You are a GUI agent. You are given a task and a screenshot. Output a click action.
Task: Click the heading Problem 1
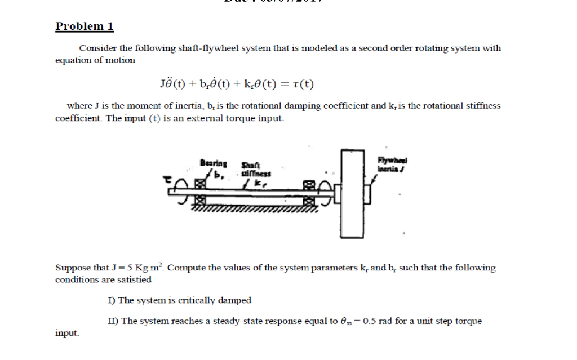click(85, 26)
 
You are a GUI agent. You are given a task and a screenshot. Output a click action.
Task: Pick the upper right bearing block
click(308, 183)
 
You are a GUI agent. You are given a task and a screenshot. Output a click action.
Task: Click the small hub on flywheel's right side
click(367, 194)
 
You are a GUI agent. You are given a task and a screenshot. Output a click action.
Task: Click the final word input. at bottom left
click(67, 333)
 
